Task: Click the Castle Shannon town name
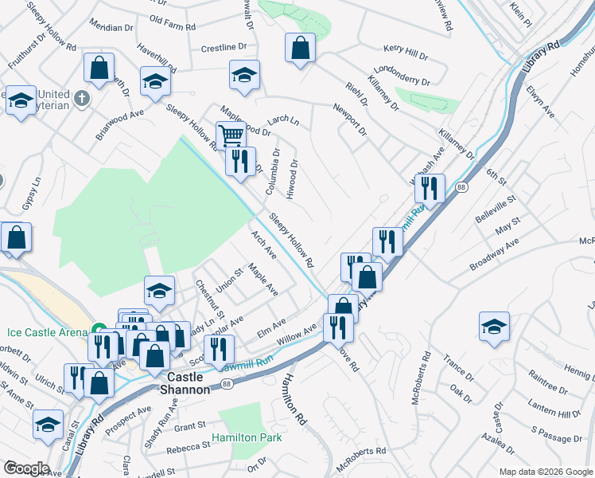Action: pyautogui.click(x=189, y=382)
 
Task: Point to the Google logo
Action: pyautogui.click(x=26, y=468)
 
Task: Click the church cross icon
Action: pyautogui.click(x=82, y=99)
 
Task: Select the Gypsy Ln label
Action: pyautogui.click(x=35, y=192)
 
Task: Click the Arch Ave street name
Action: pyautogui.click(x=263, y=245)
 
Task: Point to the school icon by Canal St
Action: pyautogui.click(x=49, y=424)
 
